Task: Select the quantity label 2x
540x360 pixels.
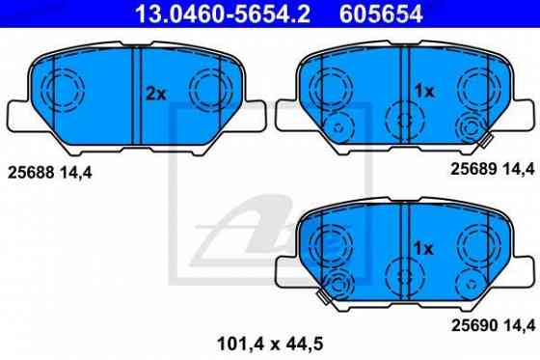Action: click(x=156, y=95)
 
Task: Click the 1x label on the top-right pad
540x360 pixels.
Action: click(x=423, y=91)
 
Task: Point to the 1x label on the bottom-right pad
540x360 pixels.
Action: click(x=423, y=249)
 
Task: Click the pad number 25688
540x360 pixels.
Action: click(x=33, y=174)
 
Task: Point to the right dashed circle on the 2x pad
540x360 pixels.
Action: click(x=211, y=91)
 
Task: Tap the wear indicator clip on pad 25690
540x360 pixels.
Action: click(x=338, y=286)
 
